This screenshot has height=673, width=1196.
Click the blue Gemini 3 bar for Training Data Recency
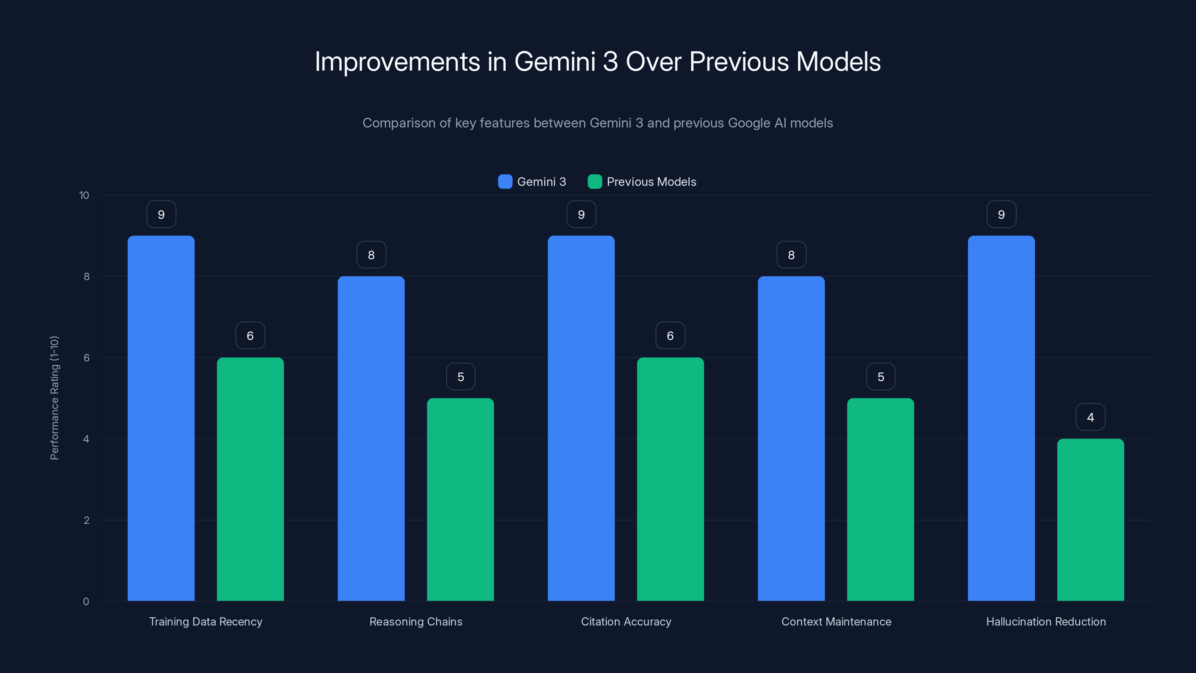point(161,418)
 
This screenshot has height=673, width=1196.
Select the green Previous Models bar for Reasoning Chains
point(460,499)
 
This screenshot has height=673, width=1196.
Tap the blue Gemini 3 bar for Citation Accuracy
point(581,418)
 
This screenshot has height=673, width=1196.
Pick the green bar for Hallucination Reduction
point(1090,520)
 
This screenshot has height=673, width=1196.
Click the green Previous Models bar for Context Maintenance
point(880,499)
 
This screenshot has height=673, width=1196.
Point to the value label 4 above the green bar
point(1090,417)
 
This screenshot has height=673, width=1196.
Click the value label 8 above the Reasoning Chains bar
point(371,255)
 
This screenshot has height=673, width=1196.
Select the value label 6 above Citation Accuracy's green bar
point(670,336)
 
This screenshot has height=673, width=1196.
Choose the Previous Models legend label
point(651,182)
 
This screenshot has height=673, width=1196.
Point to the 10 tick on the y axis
point(84,195)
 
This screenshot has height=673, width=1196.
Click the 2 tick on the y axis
point(86,520)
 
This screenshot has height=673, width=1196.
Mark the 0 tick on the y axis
point(86,602)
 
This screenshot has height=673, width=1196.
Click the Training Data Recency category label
point(206,621)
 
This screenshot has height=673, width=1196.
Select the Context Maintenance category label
point(836,621)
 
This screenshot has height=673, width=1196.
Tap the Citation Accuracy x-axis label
point(626,621)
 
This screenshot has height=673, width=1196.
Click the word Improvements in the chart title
point(397,62)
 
